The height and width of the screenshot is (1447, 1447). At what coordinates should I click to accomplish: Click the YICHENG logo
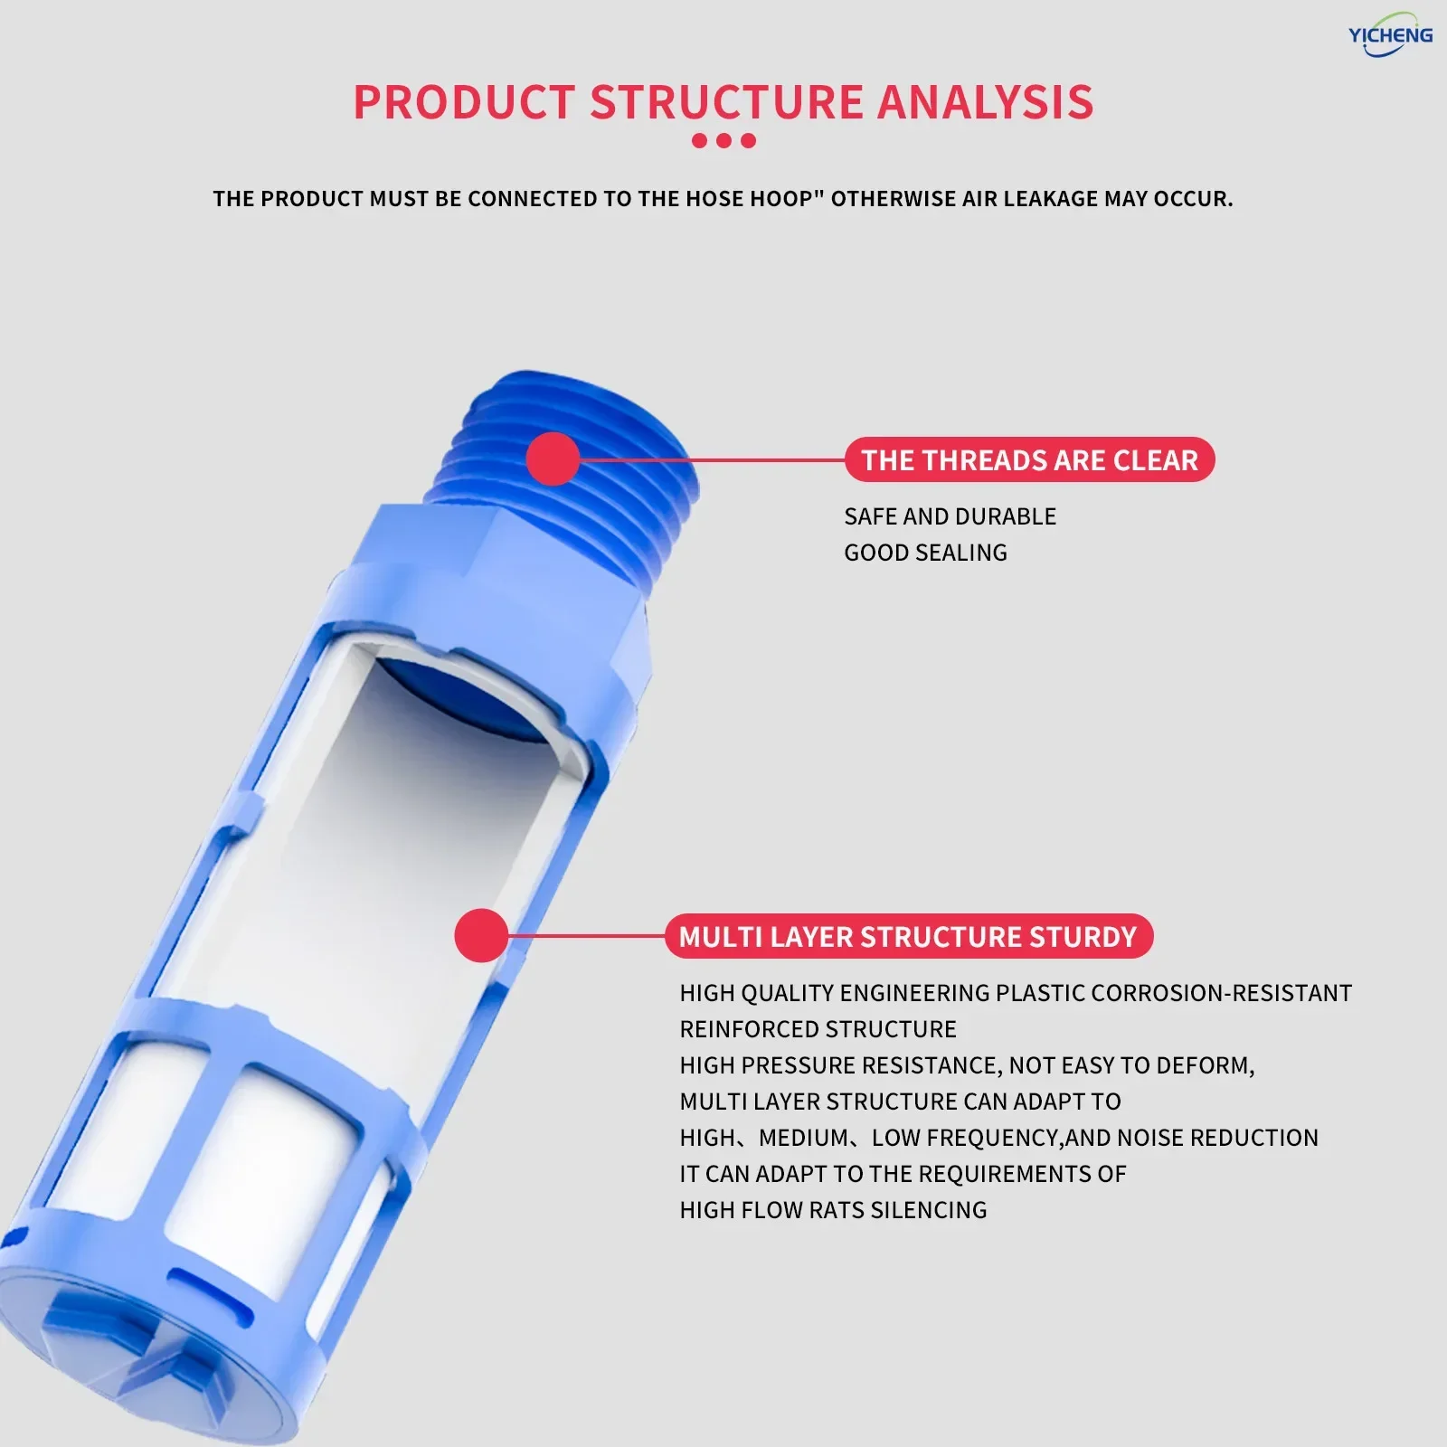(1391, 34)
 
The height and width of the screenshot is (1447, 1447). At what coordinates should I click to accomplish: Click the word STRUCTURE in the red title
(727, 102)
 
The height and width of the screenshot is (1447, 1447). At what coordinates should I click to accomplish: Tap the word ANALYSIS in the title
(986, 102)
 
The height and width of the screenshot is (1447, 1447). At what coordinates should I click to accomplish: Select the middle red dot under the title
(723, 141)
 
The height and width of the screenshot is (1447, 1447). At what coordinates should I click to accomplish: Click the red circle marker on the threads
(553, 459)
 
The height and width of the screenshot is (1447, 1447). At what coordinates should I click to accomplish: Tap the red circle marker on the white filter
(482, 935)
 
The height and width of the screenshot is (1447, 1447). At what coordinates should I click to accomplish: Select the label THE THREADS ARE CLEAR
(1029, 459)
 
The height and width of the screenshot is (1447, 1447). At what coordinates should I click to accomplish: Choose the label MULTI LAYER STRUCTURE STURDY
(908, 936)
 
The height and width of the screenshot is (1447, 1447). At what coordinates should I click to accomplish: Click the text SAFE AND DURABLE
(950, 516)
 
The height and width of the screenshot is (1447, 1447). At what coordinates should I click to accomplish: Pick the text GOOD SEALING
(925, 553)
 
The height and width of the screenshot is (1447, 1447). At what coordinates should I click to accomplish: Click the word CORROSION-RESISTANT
(1222, 993)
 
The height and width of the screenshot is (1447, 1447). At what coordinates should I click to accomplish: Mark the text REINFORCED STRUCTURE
(818, 1029)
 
